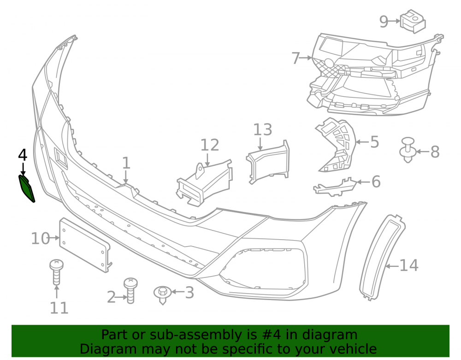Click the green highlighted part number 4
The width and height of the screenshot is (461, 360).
click(27, 189)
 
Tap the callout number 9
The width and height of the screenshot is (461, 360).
click(384, 22)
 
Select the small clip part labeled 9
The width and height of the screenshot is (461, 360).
click(413, 21)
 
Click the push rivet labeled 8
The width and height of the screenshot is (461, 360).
click(408, 150)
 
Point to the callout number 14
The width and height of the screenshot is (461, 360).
click(408, 266)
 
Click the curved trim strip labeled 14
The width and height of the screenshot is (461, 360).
click(382, 257)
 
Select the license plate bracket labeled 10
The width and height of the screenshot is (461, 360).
click(85, 245)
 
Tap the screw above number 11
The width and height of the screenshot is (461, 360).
click(56, 272)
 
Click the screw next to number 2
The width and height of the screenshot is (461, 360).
click(130, 290)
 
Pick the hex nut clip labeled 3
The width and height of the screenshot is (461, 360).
click(162, 295)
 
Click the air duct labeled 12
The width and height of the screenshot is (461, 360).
click(204, 183)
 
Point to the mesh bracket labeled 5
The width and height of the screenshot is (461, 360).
click(337, 145)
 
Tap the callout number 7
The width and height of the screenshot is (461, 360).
click(296, 58)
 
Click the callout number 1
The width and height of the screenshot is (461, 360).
click(126, 163)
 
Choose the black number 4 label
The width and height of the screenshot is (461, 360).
click(23, 155)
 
